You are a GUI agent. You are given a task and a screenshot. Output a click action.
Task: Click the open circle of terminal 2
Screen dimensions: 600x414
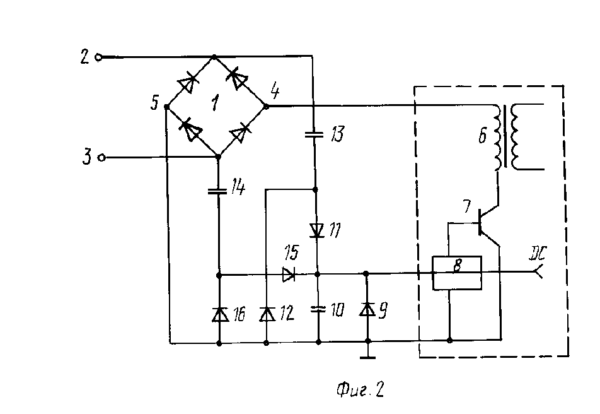[x=98, y=58]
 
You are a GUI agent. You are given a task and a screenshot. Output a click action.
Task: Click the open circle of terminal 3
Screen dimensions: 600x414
[x=101, y=158]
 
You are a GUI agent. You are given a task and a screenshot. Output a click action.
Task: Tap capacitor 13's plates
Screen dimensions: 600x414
[x=314, y=134]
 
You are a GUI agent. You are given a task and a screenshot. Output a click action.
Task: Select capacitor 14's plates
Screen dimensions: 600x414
[x=217, y=191]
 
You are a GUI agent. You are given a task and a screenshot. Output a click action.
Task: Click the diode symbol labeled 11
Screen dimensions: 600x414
[x=316, y=230]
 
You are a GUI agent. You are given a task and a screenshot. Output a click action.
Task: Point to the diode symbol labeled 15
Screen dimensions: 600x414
[x=289, y=275]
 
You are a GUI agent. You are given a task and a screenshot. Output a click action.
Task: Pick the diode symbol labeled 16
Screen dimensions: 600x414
[x=219, y=314]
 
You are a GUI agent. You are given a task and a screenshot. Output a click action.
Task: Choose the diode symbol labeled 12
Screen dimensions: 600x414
[x=267, y=314]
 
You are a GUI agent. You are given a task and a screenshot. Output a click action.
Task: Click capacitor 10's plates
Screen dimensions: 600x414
[x=318, y=309]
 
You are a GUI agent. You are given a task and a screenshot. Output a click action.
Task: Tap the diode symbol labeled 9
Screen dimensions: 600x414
[x=367, y=309]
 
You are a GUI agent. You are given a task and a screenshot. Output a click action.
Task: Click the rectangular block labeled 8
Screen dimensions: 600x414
[x=457, y=273]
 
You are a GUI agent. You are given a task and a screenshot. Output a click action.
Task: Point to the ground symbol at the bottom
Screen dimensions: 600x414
[x=367, y=357]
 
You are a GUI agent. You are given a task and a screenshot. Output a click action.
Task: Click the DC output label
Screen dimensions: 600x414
[x=538, y=253]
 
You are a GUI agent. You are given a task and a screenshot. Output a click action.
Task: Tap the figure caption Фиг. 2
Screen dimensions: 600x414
[x=360, y=389]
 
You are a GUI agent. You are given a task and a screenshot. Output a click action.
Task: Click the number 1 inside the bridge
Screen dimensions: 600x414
[x=216, y=103]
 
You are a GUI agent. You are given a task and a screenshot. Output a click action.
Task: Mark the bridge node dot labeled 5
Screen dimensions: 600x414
[x=167, y=107]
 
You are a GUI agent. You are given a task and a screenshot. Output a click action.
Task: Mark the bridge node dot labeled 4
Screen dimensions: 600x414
[x=267, y=106]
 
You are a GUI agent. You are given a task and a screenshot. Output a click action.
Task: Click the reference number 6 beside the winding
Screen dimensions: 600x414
[x=483, y=136]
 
